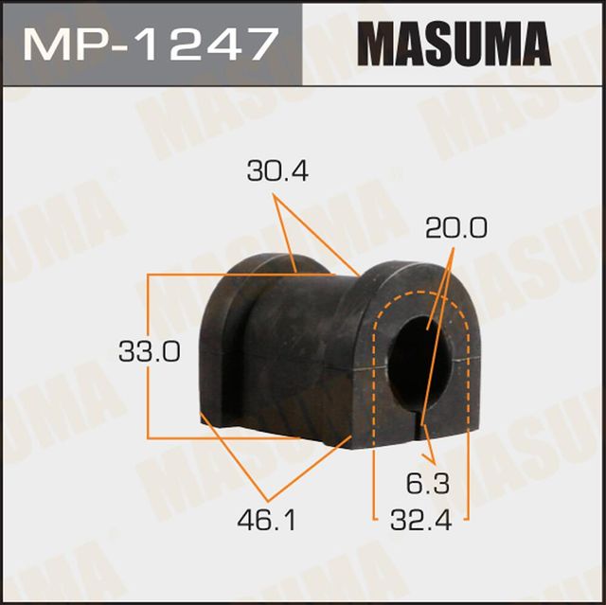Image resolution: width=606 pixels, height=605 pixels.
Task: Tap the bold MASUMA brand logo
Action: click(454, 44)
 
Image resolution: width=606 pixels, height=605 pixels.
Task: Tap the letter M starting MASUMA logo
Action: click(377, 44)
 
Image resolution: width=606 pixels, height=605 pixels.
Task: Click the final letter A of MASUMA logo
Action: click(534, 44)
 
